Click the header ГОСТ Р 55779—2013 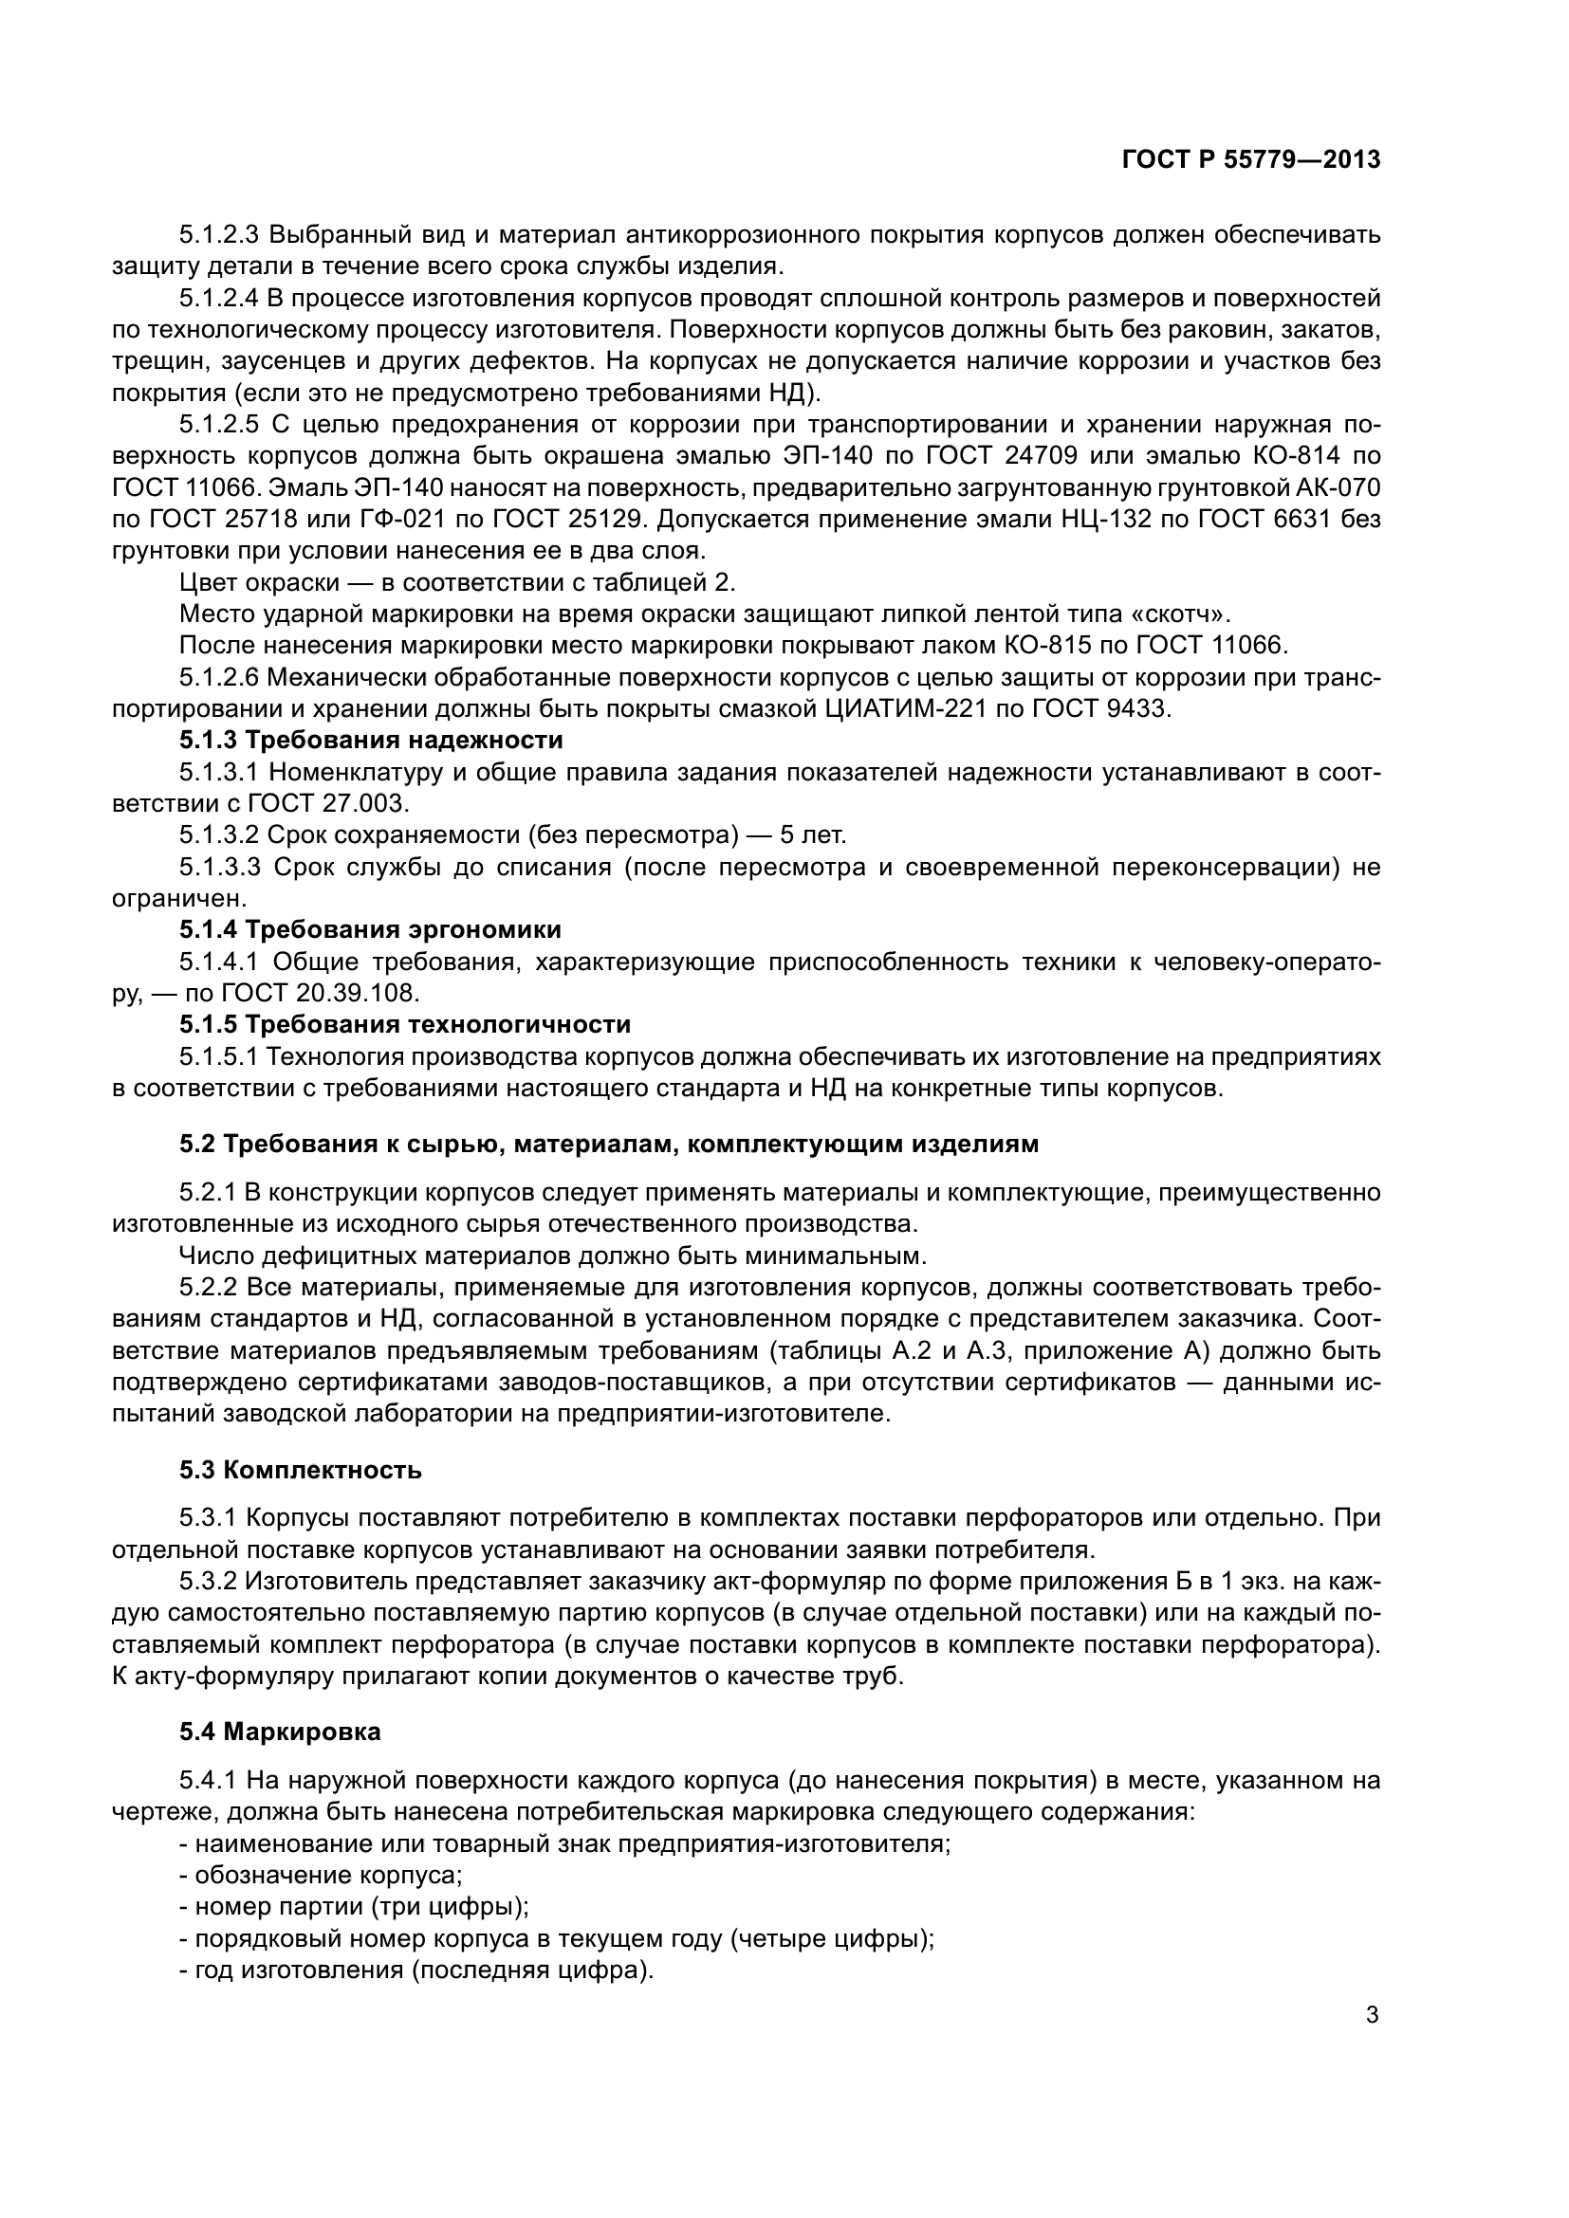point(1251,159)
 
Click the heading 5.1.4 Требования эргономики point(370,929)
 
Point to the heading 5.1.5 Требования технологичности point(405,1023)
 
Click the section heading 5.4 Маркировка point(280,1732)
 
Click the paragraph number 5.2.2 point(208,1288)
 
